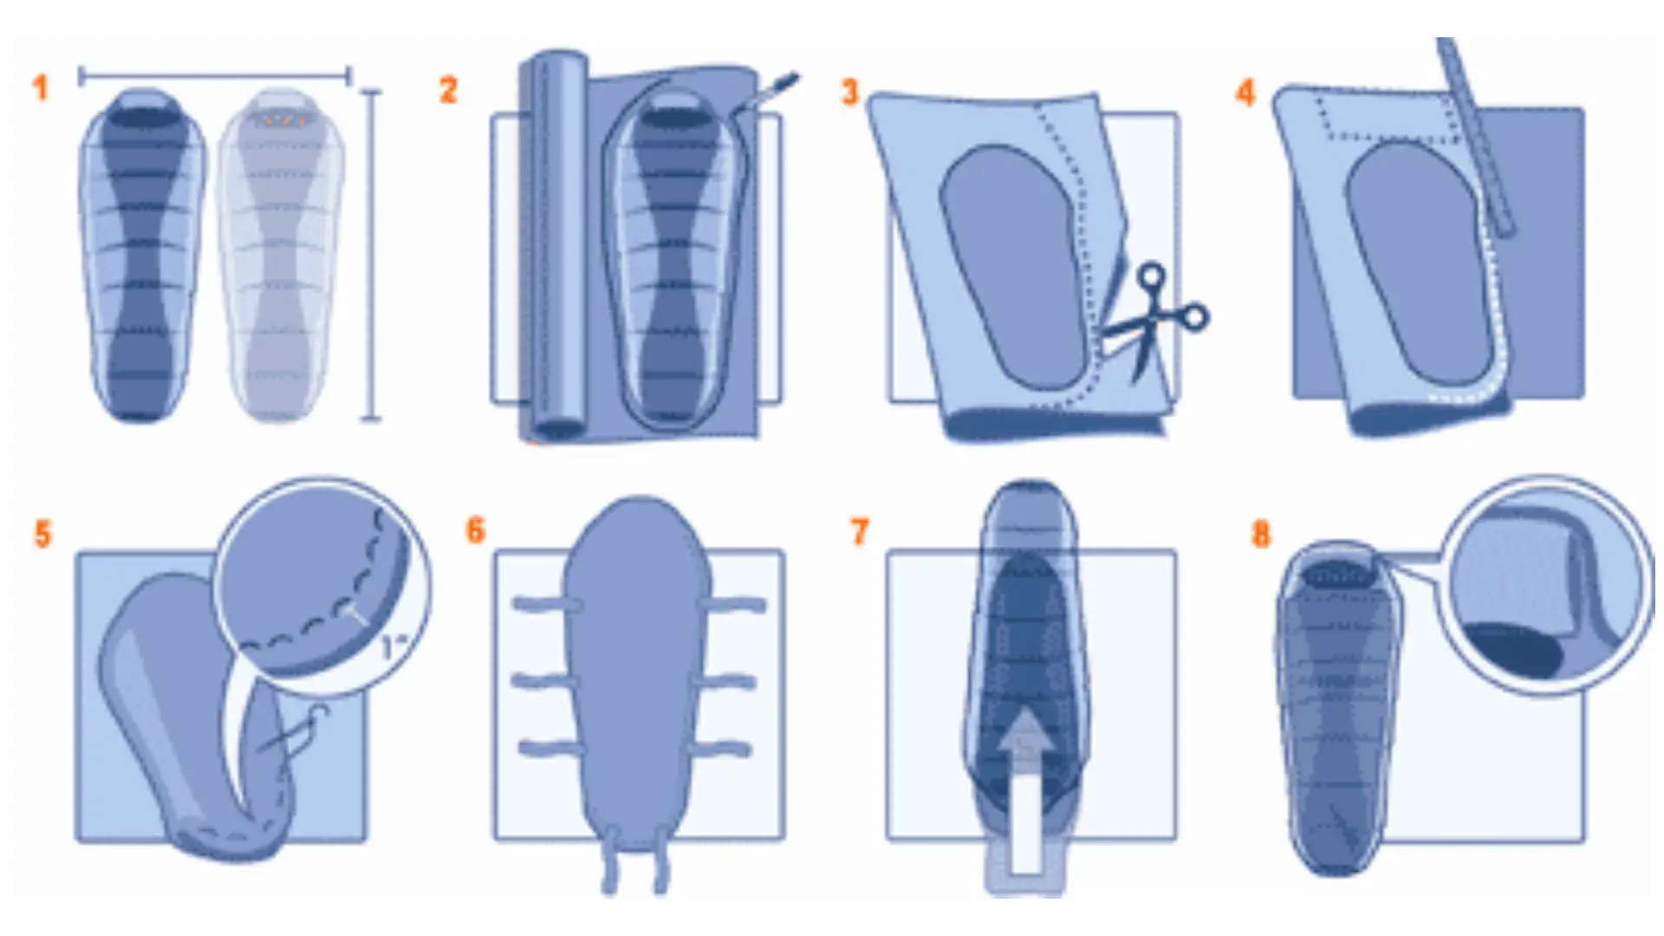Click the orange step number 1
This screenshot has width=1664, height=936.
pyautogui.click(x=40, y=88)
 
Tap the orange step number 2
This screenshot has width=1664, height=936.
pyautogui.click(x=448, y=90)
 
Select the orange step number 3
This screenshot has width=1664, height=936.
pyautogui.click(x=850, y=92)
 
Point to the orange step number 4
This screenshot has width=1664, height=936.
pyautogui.click(x=1245, y=92)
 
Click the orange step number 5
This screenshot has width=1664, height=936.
pyautogui.click(x=43, y=534)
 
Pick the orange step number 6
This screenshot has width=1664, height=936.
pyautogui.click(x=475, y=530)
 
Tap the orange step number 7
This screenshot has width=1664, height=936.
pyautogui.click(x=860, y=532)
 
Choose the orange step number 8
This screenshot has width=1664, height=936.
pyautogui.click(x=1261, y=534)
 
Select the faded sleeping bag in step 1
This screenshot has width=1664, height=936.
pyautogui.click(x=280, y=254)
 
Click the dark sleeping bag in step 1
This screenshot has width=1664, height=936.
pyautogui.click(x=143, y=254)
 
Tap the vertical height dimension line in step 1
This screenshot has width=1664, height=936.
pyautogui.click(x=371, y=255)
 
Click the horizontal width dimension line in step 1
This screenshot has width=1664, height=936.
pyautogui.click(x=214, y=76)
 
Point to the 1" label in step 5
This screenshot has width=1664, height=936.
pyautogui.click(x=394, y=646)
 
